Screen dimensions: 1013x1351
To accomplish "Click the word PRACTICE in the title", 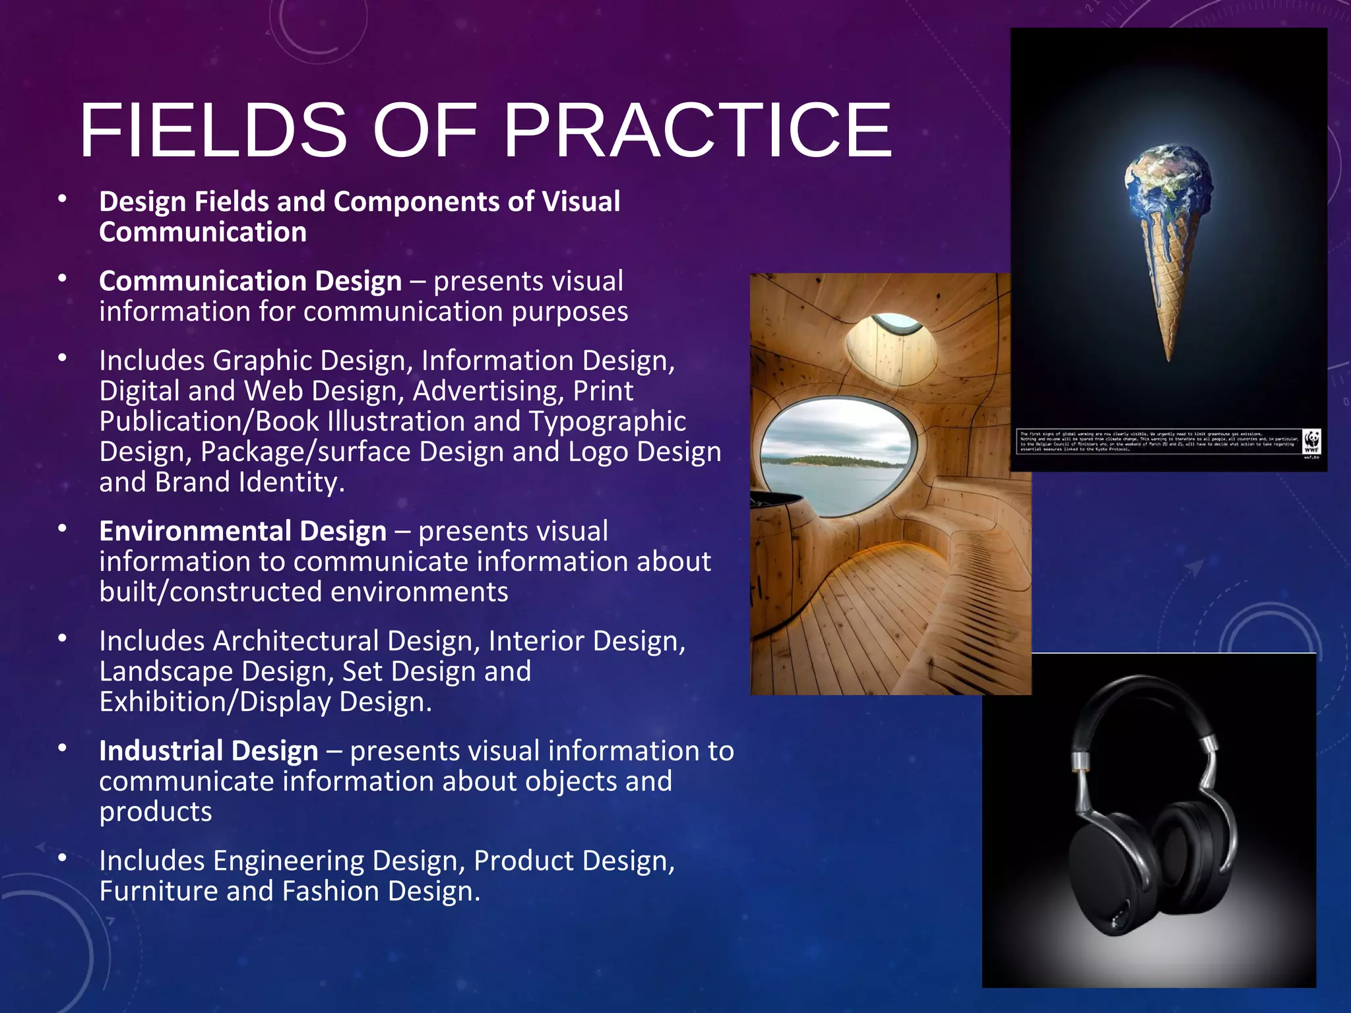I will click(697, 131).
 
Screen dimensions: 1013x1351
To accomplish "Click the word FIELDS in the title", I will click(212, 131).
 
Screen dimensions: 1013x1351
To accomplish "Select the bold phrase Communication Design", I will click(250, 282).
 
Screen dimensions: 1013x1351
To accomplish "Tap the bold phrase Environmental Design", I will click(243, 532).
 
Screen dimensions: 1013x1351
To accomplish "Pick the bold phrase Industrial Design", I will click(208, 751).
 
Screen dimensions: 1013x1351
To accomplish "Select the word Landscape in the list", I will click(166, 671).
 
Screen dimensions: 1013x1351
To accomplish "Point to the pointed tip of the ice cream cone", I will click(1169, 355).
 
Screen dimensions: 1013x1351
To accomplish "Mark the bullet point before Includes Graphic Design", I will click(63, 359).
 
